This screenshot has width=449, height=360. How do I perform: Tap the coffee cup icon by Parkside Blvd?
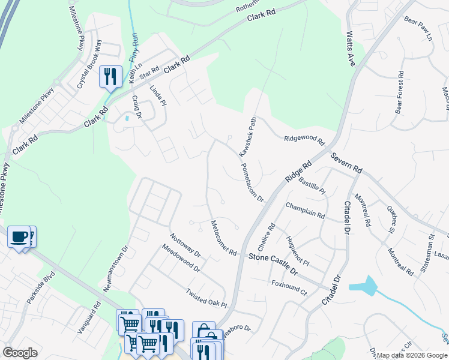tap(19, 236)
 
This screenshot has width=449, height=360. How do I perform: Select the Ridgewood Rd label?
tap(304, 140)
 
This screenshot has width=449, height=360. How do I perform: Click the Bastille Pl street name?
tap(311, 183)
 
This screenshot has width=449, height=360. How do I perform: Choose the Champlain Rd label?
tap(305, 210)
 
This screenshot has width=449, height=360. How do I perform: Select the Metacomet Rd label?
tap(223, 238)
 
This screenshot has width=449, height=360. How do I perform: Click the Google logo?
tap(20, 353)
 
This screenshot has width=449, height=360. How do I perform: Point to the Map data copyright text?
tap(411, 355)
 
